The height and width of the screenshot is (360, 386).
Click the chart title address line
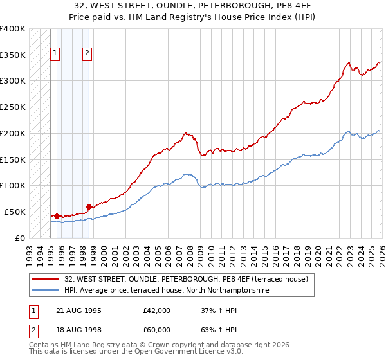point(193,5)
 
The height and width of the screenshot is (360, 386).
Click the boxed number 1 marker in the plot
point(55,54)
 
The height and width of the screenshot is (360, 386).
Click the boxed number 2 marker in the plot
point(87,54)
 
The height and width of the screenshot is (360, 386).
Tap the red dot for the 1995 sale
point(57,216)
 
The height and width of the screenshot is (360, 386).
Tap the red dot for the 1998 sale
point(89,206)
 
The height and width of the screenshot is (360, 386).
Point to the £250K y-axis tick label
point(13,107)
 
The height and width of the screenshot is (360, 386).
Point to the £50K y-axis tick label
point(15,212)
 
